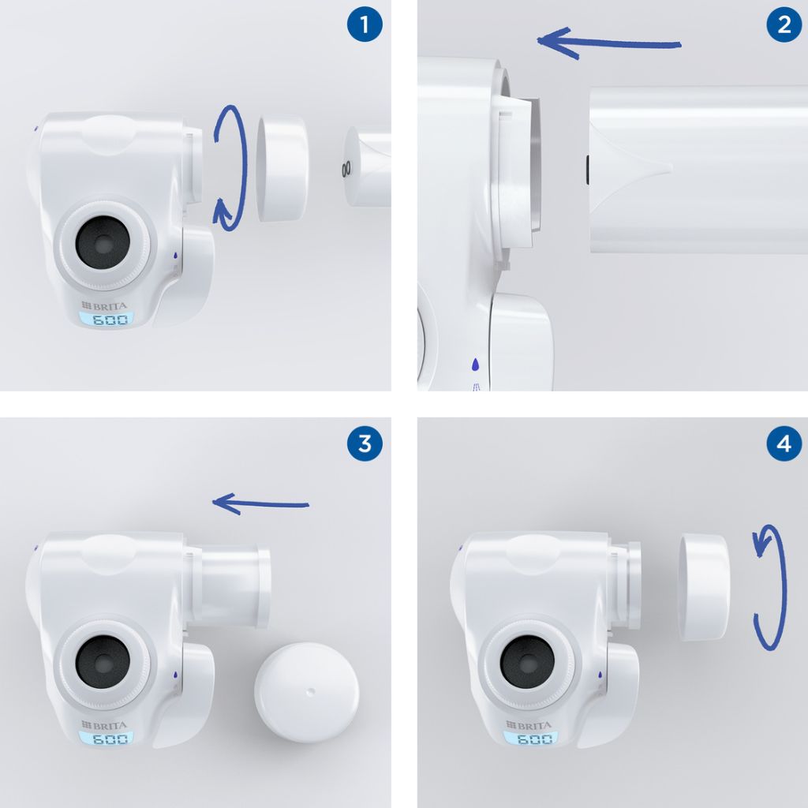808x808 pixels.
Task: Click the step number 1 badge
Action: point(365,24)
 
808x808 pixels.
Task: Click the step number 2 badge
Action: point(784,24)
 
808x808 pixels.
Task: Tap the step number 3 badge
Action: point(365,443)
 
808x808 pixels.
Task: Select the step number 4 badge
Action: point(784,443)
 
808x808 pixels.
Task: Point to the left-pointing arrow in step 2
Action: point(609,43)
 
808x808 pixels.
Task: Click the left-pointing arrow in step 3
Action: point(260,504)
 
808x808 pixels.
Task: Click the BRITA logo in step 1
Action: point(104,305)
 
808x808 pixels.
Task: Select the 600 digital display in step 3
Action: point(107,739)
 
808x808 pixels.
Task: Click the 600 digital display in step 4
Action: point(531,739)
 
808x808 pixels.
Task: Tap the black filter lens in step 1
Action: point(103,242)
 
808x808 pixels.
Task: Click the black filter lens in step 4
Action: point(527,662)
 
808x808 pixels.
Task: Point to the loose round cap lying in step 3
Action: point(306,691)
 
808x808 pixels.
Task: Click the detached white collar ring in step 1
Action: point(282,168)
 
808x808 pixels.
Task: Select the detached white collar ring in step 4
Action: point(704,587)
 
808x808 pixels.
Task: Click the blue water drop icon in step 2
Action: point(475,365)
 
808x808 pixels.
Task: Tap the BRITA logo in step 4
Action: point(529,725)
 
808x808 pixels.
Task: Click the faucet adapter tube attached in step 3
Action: point(231,586)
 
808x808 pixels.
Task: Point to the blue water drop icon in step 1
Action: point(175,255)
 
